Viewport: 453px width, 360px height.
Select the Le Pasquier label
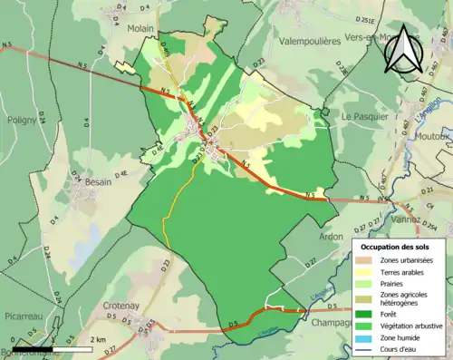(363, 117)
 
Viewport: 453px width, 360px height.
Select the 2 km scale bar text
(97, 339)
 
